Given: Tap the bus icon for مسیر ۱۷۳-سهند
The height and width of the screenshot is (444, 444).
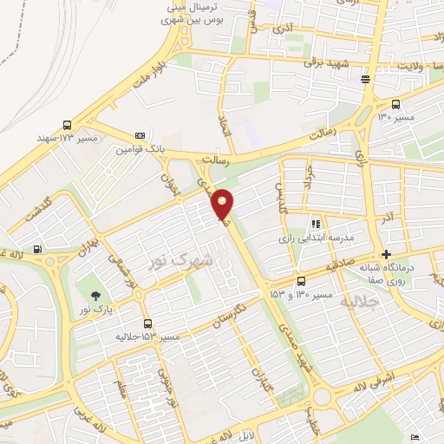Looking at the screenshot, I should click(x=68, y=124).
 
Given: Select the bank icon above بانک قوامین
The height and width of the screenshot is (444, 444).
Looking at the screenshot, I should click(x=140, y=135).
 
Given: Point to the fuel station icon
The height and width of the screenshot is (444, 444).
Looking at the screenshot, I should click(x=38, y=251).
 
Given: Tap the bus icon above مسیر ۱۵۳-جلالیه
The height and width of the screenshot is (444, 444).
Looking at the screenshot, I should click(x=147, y=321).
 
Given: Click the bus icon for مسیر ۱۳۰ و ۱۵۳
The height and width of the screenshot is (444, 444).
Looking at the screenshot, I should click(x=301, y=281).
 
